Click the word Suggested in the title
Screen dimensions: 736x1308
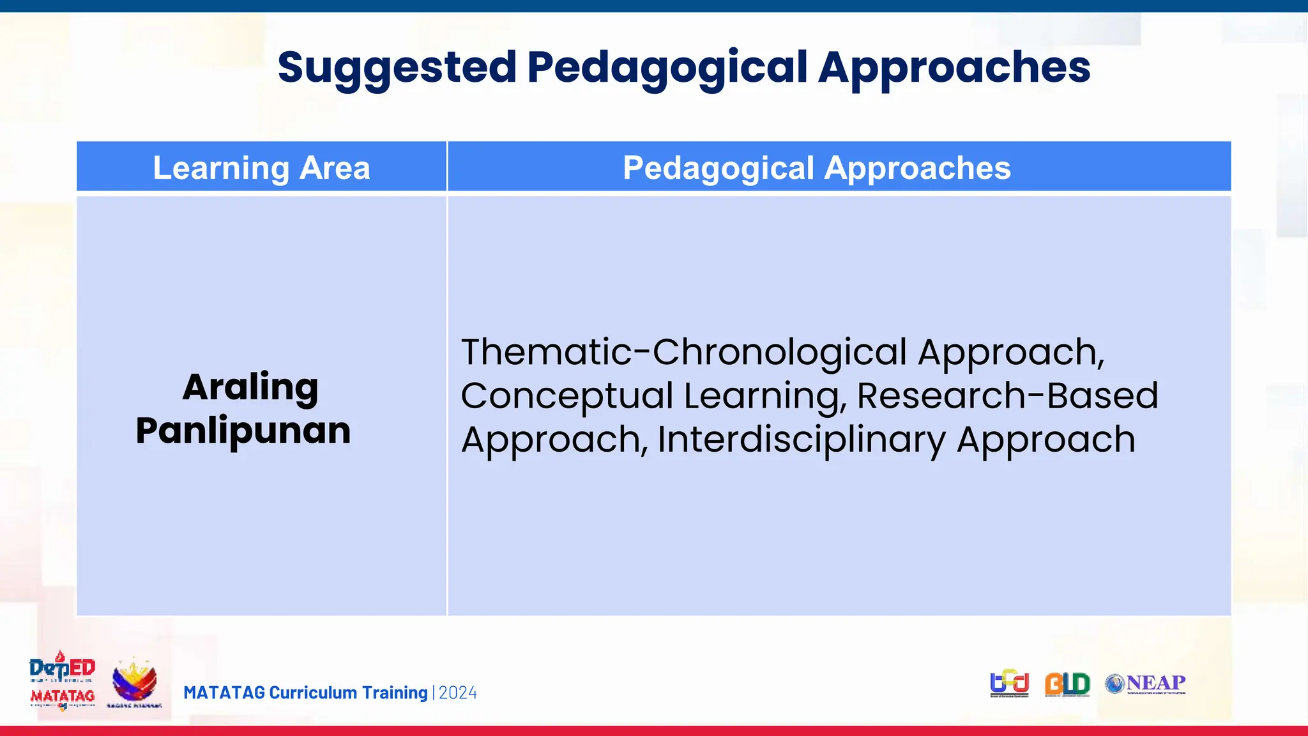397,68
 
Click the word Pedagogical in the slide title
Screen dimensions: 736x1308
667,68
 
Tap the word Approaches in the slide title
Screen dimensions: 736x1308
954,68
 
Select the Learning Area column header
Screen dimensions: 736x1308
261,167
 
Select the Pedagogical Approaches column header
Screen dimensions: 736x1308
816,167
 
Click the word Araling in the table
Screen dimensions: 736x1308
250,387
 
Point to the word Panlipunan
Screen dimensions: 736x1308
243,430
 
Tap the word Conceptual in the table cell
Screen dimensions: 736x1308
567,395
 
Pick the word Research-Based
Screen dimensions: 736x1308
1007,395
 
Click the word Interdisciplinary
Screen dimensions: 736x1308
802,440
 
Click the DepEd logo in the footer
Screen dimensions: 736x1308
62,668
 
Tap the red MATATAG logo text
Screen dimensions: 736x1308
62,696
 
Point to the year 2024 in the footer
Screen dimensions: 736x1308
458,693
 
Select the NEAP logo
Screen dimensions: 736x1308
1146,684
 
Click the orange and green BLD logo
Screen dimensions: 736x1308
1067,684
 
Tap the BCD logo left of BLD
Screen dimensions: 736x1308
1009,684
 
